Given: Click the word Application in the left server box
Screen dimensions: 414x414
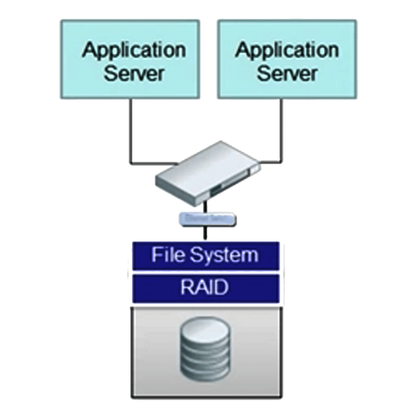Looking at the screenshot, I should click(134, 50).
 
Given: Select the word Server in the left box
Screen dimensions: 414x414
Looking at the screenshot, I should click(134, 73).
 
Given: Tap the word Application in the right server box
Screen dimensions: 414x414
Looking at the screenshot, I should click(287, 50).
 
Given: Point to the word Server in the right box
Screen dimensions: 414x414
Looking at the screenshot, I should click(287, 73).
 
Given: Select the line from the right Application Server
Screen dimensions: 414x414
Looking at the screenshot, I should click(283, 130).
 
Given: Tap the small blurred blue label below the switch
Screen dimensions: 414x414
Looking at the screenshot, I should click(207, 219).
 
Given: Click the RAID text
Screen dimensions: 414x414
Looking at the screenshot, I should click(204, 288).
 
